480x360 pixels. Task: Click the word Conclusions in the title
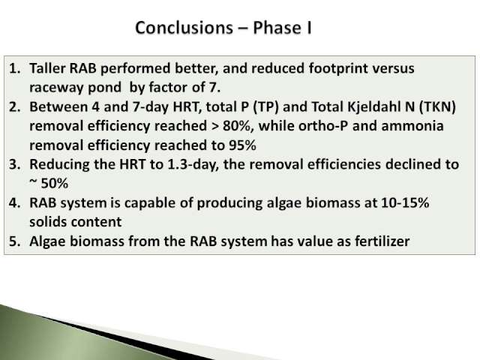[184, 28]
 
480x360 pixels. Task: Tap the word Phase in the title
[277, 28]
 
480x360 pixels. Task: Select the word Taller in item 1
[47, 68]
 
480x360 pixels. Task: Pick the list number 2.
[15, 106]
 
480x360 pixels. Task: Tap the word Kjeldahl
[374, 107]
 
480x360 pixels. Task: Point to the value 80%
[236, 126]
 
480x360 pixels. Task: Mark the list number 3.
[15, 164]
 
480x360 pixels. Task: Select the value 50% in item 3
[55, 184]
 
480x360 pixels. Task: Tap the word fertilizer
[382, 241]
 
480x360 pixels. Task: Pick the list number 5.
[15, 241]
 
